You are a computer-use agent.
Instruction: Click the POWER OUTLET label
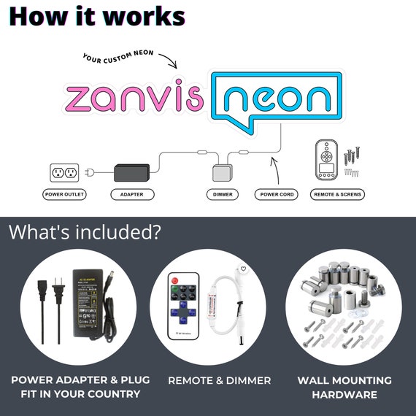[x=64, y=194]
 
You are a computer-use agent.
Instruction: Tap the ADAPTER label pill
[x=132, y=194]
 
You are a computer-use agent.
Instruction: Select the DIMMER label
[x=223, y=194]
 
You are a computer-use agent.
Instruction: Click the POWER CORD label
[x=277, y=194]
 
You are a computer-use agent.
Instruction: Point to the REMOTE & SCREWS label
[x=337, y=194]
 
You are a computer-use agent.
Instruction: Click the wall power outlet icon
[x=64, y=173]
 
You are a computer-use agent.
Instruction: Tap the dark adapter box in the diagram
[x=132, y=173]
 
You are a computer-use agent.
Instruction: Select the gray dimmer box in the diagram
[x=223, y=173]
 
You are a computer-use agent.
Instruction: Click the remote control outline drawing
[x=326, y=160]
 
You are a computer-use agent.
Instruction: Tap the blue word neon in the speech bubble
[x=277, y=99]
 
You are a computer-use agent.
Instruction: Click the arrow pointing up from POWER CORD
[x=276, y=170]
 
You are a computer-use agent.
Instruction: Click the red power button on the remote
[x=175, y=280]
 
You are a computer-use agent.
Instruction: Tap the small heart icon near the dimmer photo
[x=243, y=269]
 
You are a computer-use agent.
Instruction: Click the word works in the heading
[x=144, y=17]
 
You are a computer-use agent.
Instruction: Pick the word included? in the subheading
[x=118, y=232]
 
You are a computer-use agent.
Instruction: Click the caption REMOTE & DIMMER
[x=220, y=381]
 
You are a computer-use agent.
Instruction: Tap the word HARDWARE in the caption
[x=344, y=395]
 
